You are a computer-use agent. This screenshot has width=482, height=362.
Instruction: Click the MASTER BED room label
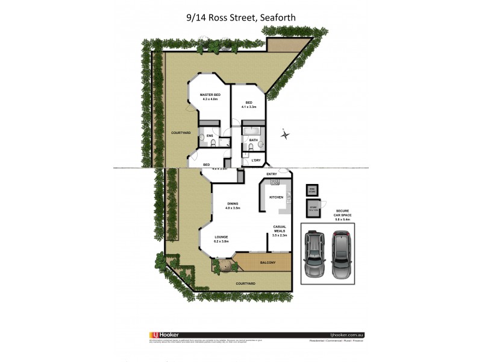point(210,95)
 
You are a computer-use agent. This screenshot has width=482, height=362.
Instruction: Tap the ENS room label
point(210,136)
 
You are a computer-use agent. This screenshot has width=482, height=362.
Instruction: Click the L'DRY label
point(255,160)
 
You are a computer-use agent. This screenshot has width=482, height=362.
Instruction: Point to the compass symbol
point(284,135)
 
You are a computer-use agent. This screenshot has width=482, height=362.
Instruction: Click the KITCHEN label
point(276,197)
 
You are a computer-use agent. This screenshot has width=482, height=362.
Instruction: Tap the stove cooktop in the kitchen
point(275,182)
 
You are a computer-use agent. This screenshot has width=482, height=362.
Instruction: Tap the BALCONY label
point(268,262)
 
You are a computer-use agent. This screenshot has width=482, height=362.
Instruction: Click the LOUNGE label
point(221,237)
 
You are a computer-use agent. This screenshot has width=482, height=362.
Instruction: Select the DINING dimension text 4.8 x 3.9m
point(233,208)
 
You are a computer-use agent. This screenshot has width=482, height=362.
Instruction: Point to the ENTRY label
point(263,174)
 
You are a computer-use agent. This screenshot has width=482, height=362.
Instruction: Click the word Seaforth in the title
point(278,18)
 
